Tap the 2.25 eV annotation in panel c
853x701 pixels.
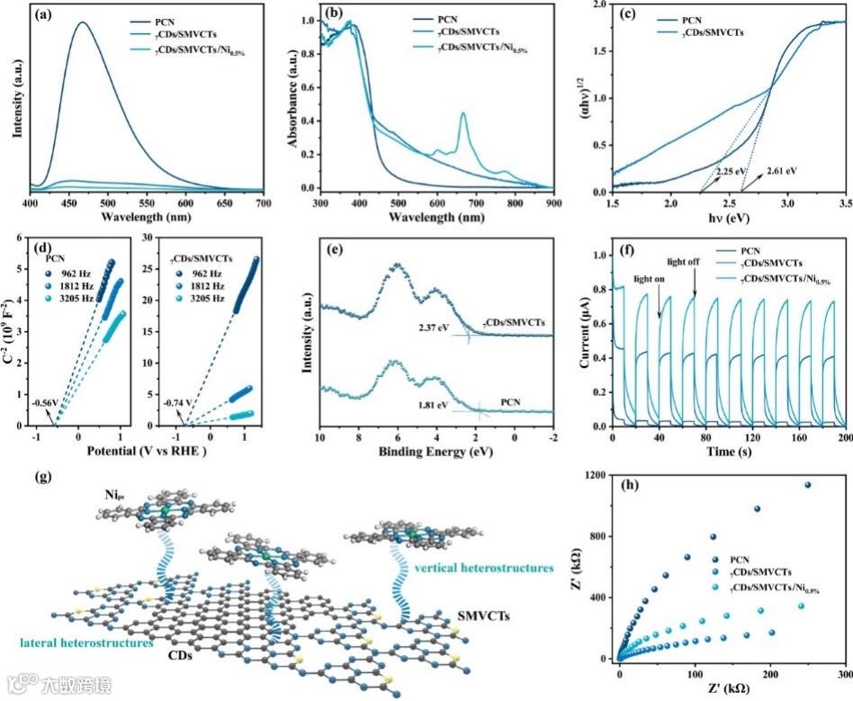point(730,169)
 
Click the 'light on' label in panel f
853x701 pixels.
point(650,279)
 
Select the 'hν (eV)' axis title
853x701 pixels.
point(728,217)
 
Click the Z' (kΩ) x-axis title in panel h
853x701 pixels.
point(731,689)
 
